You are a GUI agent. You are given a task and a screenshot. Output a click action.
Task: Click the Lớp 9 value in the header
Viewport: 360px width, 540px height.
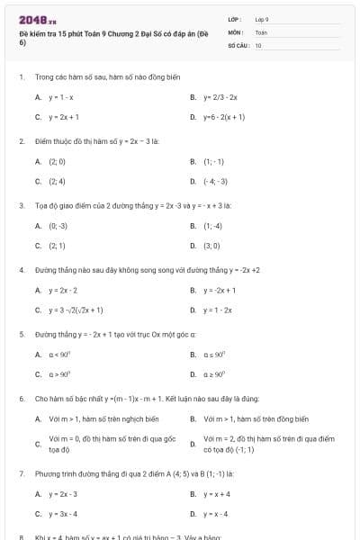[262, 18]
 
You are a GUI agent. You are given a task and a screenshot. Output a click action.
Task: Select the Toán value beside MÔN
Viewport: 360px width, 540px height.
[261, 31]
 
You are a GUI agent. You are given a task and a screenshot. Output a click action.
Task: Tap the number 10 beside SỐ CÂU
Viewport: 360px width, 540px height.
[258, 44]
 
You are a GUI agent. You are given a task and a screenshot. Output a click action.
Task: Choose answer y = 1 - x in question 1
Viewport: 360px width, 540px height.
[61, 96]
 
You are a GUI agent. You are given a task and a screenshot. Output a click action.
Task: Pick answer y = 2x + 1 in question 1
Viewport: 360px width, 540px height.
[64, 117]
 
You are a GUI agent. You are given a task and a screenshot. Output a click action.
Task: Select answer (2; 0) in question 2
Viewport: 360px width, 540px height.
[58, 162]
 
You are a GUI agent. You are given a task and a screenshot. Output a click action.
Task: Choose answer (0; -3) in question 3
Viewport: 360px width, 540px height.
[58, 226]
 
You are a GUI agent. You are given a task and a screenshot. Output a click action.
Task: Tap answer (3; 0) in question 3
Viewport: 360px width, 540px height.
[212, 245]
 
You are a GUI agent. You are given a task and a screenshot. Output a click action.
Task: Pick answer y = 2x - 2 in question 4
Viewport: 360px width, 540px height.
[63, 291]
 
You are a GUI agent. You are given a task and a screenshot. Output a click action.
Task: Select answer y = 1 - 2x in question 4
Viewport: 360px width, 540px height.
[217, 310]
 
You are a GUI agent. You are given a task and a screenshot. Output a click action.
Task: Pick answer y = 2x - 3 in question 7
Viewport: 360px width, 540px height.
[63, 494]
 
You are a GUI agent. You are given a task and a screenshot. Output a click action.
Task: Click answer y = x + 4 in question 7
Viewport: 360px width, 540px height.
[216, 494]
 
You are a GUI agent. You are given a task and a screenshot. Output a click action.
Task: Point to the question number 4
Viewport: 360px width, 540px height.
[21, 270]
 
